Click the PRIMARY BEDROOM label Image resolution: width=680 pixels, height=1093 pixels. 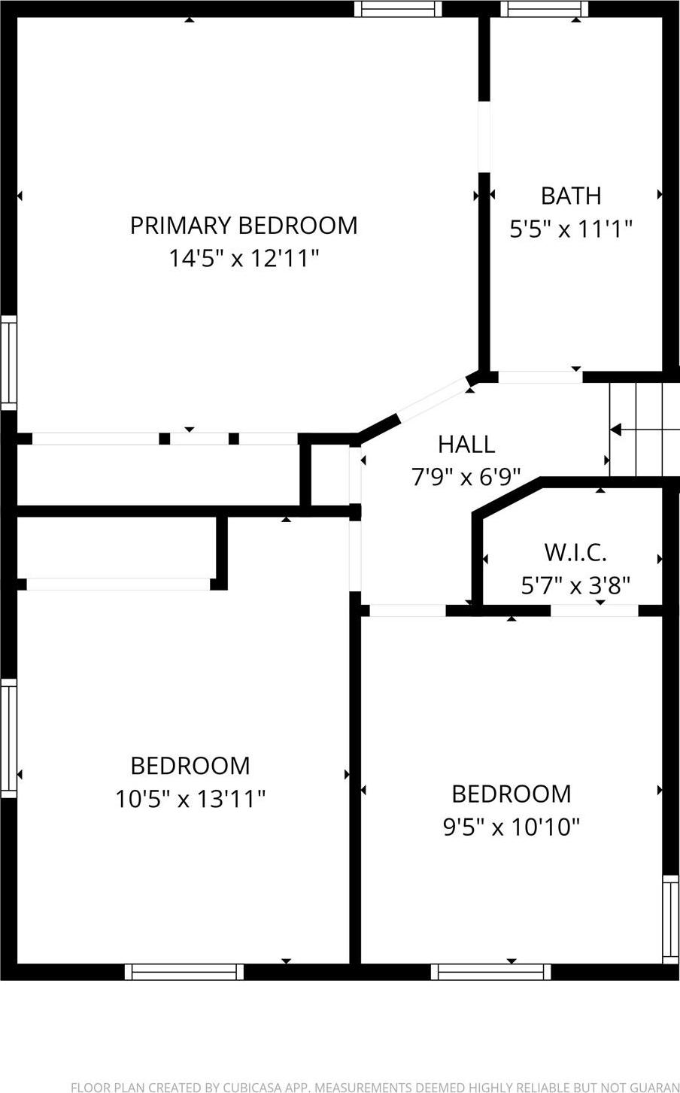click(243, 226)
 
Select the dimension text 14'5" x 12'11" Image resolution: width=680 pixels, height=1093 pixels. click(243, 259)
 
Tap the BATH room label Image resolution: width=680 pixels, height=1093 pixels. click(571, 196)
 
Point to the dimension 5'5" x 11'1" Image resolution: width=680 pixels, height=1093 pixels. click(571, 229)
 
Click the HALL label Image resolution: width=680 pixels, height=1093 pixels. click(466, 445)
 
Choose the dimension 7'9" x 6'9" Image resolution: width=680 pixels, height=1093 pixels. click(466, 477)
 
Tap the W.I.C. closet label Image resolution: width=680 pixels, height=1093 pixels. click(575, 552)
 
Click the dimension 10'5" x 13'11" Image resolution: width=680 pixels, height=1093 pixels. click(190, 798)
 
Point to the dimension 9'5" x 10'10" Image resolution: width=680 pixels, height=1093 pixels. click(512, 827)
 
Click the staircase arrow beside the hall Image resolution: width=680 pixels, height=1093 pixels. click(616, 430)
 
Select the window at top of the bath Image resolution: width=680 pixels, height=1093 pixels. click(545, 9)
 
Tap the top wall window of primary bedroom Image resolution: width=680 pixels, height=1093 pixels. click(398, 9)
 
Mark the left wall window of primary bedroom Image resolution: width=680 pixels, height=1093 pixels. click(8, 363)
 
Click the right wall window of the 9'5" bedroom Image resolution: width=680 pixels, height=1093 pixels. click(670, 918)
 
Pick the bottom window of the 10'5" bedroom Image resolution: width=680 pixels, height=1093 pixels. click(184, 972)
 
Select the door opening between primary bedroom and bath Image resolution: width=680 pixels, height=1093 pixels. click(484, 137)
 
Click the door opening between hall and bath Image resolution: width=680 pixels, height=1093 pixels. click(540, 377)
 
